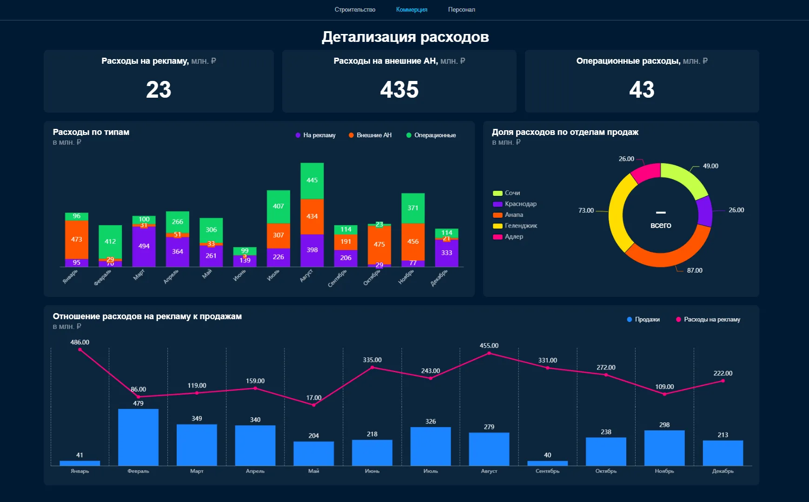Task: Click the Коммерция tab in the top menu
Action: coord(411,10)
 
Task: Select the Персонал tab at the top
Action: coord(461,10)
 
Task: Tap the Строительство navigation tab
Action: coord(355,10)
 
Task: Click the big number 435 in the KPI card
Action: coord(399,89)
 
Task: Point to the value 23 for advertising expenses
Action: coord(159,89)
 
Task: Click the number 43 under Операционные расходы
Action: coord(642,89)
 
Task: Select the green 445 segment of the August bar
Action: coord(312,181)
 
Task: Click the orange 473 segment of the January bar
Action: coord(77,239)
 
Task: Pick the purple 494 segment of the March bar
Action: coord(144,246)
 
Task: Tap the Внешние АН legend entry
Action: coord(370,135)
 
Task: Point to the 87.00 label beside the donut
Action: coord(695,270)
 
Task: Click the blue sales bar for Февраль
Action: coord(138,437)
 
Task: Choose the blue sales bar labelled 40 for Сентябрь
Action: coord(547,463)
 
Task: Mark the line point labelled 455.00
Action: coord(489,353)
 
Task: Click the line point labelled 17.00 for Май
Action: coord(314,405)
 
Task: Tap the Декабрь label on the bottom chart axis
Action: coord(723,471)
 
